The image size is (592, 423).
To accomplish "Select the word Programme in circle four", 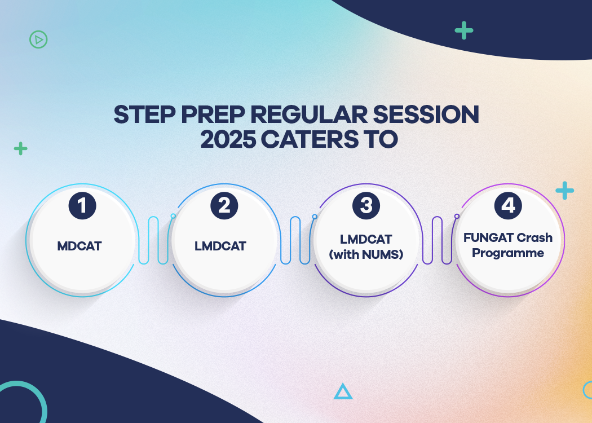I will click(508, 253).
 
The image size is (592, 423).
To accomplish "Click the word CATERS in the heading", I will click(308, 139).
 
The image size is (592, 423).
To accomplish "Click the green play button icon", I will click(38, 39).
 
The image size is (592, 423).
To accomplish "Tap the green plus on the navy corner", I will click(464, 30).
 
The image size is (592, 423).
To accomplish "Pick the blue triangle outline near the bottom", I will click(343, 391).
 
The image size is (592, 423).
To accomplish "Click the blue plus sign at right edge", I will click(564, 191).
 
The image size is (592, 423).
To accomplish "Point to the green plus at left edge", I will click(20, 148).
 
